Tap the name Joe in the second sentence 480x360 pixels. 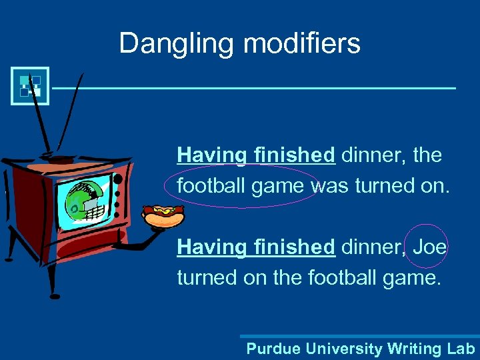[x=430, y=247]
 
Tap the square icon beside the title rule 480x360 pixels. [x=30, y=86]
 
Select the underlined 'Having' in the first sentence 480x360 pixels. [x=212, y=155]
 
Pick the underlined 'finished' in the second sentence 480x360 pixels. [x=294, y=247]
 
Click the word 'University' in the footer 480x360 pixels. [x=344, y=349]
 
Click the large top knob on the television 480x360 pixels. [x=118, y=179]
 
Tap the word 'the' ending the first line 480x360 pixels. [x=427, y=155]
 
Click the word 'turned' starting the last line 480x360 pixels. [x=207, y=277]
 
